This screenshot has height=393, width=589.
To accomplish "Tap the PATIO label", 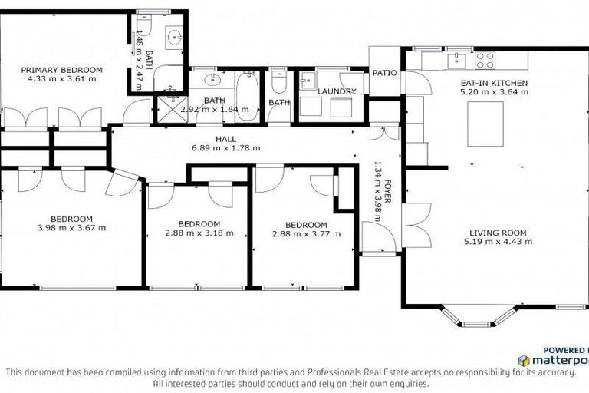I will [384, 74].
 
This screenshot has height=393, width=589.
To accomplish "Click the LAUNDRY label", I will [337, 91].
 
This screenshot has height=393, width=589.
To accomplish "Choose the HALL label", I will [225, 139].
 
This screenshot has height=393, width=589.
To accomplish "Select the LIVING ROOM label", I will [498, 232].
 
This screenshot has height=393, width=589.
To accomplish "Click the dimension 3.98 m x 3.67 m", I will [71, 227].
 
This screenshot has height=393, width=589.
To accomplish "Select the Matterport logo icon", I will [524, 360].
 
